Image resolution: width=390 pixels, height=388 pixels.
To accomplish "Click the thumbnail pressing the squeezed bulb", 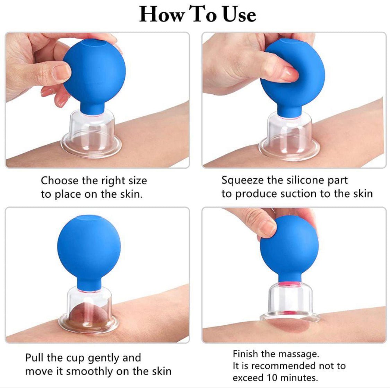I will tap(288, 73).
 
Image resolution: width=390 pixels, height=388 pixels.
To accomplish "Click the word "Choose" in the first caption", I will tap(60, 181).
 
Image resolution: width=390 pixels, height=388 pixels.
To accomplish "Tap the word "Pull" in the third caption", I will tap(34, 357).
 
